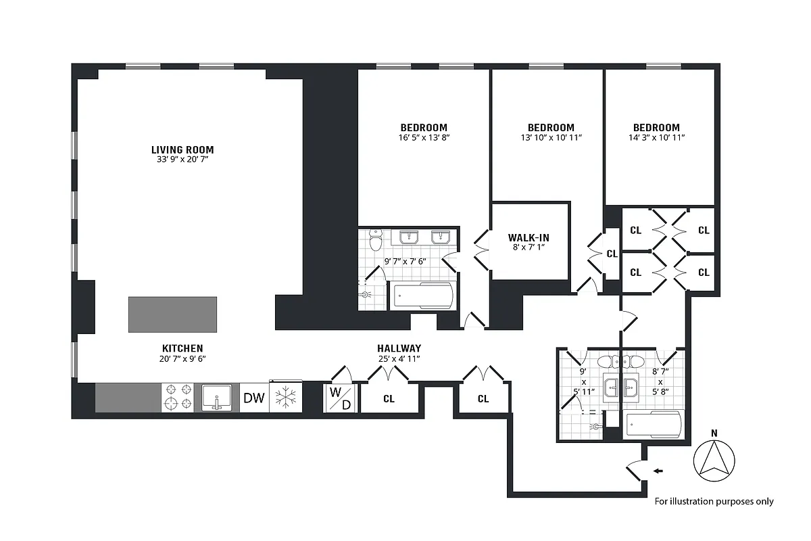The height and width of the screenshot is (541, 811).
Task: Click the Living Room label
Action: [182, 149]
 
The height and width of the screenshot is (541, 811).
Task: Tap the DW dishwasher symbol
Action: [253, 398]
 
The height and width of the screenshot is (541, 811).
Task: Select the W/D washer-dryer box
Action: [340, 398]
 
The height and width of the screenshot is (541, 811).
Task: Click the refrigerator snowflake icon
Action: [286, 398]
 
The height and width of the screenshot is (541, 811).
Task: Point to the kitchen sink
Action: [217, 397]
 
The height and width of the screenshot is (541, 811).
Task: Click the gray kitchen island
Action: [173, 314]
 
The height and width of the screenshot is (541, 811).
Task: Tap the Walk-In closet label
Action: [529, 237]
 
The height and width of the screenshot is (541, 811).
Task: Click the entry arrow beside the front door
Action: [658, 471]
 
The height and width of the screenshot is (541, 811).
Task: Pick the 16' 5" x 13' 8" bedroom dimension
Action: [424, 137]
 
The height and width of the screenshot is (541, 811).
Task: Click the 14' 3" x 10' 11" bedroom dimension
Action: [656, 137]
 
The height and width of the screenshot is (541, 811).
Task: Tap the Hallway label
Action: [399, 348]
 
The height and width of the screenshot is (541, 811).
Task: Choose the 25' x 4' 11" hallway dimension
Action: [399, 358]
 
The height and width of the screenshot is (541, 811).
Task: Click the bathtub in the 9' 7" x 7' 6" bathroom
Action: [423, 296]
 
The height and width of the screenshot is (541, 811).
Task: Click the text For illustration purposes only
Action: [714, 501]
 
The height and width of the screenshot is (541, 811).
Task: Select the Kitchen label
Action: [182, 348]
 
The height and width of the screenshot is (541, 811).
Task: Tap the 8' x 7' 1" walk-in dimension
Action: [529, 248]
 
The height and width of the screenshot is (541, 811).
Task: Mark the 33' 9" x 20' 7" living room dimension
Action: [182, 160]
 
